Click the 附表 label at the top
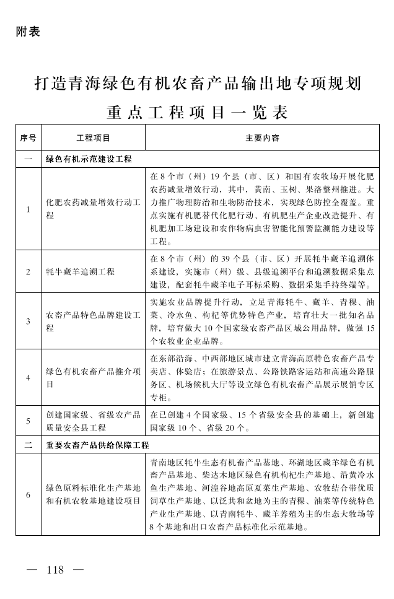(27, 32)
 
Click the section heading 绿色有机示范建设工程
(89, 159)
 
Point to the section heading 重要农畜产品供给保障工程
(97, 445)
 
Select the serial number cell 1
(28, 210)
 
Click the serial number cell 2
(28, 272)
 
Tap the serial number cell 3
(28, 321)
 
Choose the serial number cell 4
(28, 377)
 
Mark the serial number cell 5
(28, 421)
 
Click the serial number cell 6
(28, 494)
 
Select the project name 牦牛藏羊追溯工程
(80, 272)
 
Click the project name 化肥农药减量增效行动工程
(93, 209)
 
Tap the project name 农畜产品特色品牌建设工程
(93, 321)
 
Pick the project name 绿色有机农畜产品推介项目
(93, 377)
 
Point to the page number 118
(55, 570)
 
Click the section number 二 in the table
(28, 445)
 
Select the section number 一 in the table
(28, 159)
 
